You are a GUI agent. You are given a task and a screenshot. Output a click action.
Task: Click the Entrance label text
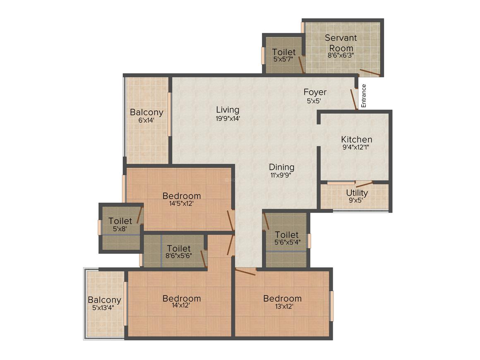pos(364,96)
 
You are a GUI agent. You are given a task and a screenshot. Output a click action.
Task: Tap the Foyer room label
pos(315,92)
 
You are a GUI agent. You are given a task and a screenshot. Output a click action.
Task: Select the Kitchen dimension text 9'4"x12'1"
pos(355,147)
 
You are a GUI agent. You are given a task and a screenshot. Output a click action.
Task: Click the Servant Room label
pos(341,43)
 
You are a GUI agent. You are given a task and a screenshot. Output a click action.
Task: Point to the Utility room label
pos(357,193)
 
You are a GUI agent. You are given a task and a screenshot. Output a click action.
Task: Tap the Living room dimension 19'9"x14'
pos(228,118)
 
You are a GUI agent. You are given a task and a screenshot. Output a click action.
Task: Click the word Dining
pos(281,167)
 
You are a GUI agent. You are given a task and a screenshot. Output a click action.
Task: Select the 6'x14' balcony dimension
pos(146,120)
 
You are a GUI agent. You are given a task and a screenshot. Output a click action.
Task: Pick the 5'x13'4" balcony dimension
pos(103,307)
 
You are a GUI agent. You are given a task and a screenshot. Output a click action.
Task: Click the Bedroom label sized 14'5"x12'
pos(182,196)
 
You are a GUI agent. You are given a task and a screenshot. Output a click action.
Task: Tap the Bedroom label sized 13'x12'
pos(282,298)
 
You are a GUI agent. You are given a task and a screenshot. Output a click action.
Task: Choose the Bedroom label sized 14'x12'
pos(182,298)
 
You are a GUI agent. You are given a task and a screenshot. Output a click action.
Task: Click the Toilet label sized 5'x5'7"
pos(284,52)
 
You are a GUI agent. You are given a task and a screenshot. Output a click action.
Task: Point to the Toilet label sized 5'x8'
pos(120,221)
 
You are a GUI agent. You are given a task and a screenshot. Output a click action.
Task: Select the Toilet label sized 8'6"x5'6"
pos(178,248)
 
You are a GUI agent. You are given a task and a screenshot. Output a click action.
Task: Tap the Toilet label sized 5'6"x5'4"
pos(286,235)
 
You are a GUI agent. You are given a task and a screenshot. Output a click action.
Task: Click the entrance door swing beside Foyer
pos(353,99)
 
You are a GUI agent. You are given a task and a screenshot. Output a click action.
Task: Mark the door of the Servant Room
pos(370,73)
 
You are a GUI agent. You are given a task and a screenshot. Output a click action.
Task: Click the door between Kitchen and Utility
pos(364,184)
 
